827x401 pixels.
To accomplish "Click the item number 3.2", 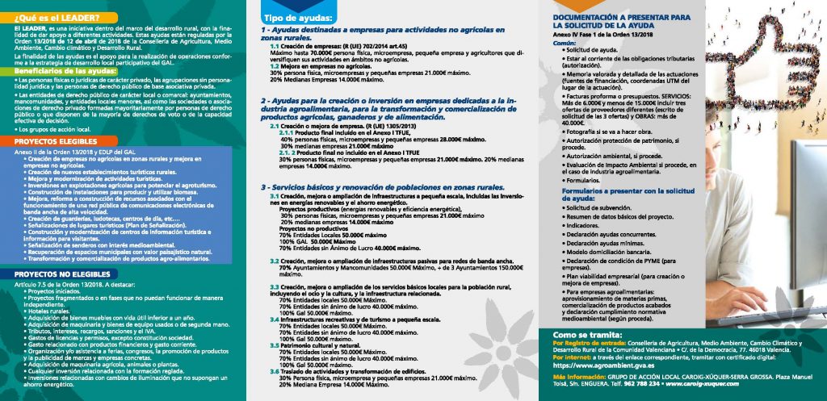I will [275, 261].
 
